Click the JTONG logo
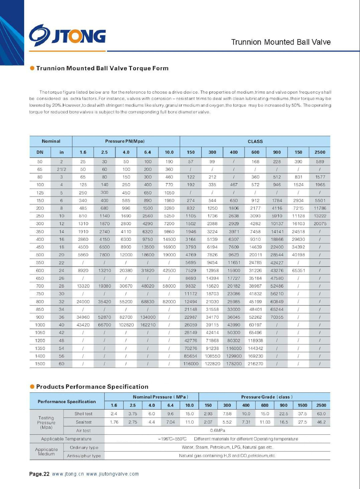[x=67, y=35]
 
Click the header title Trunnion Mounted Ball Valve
[x=281, y=42]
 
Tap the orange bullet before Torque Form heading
[x=32, y=68]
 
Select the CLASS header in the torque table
[x=255, y=142]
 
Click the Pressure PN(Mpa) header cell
[x=125, y=141]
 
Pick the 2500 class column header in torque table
[x=320, y=152]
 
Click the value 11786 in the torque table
[x=320, y=208]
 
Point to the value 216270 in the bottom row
[x=255, y=364]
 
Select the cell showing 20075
[x=320, y=224]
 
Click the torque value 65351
[x=298, y=270]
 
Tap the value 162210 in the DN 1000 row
[x=148, y=325]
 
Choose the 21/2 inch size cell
[x=61, y=169]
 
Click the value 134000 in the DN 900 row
[x=148, y=317]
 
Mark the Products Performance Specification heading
[x=92, y=387]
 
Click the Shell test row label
[x=83, y=414]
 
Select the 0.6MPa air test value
[x=217, y=430]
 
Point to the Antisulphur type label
[x=84, y=456]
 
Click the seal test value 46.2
[x=321, y=422]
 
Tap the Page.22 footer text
[x=39, y=474]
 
